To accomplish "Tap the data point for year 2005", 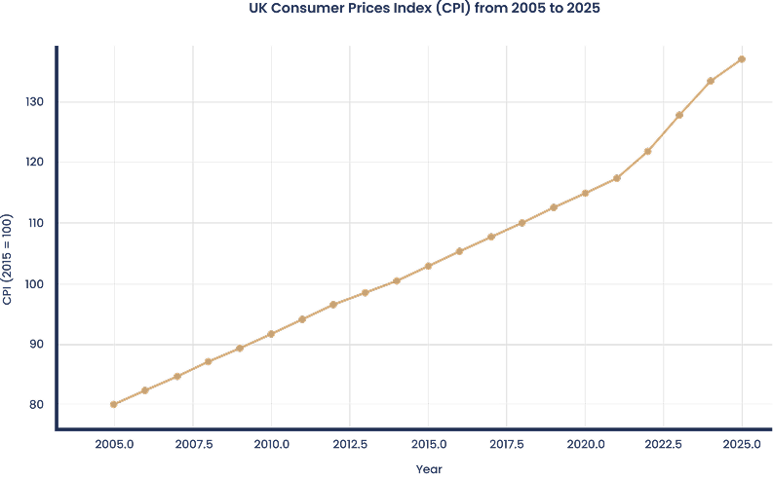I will click(114, 404).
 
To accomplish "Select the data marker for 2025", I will click(742, 59).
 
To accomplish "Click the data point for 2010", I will click(271, 334).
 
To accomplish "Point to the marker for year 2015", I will click(428, 266).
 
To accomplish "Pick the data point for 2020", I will click(585, 193).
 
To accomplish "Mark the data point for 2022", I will click(648, 151).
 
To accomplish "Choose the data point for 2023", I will click(679, 115).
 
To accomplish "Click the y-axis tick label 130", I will click(37, 102).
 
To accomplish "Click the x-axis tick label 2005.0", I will click(115, 445).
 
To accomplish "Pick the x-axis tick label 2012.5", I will click(350, 445).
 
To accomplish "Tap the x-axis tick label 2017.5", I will click(507, 445).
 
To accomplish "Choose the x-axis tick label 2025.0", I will click(742, 445).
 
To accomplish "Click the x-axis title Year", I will click(428, 469).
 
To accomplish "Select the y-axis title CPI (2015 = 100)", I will click(8, 261).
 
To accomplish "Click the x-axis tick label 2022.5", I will click(664, 445).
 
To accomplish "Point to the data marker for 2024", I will click(711, 81).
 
